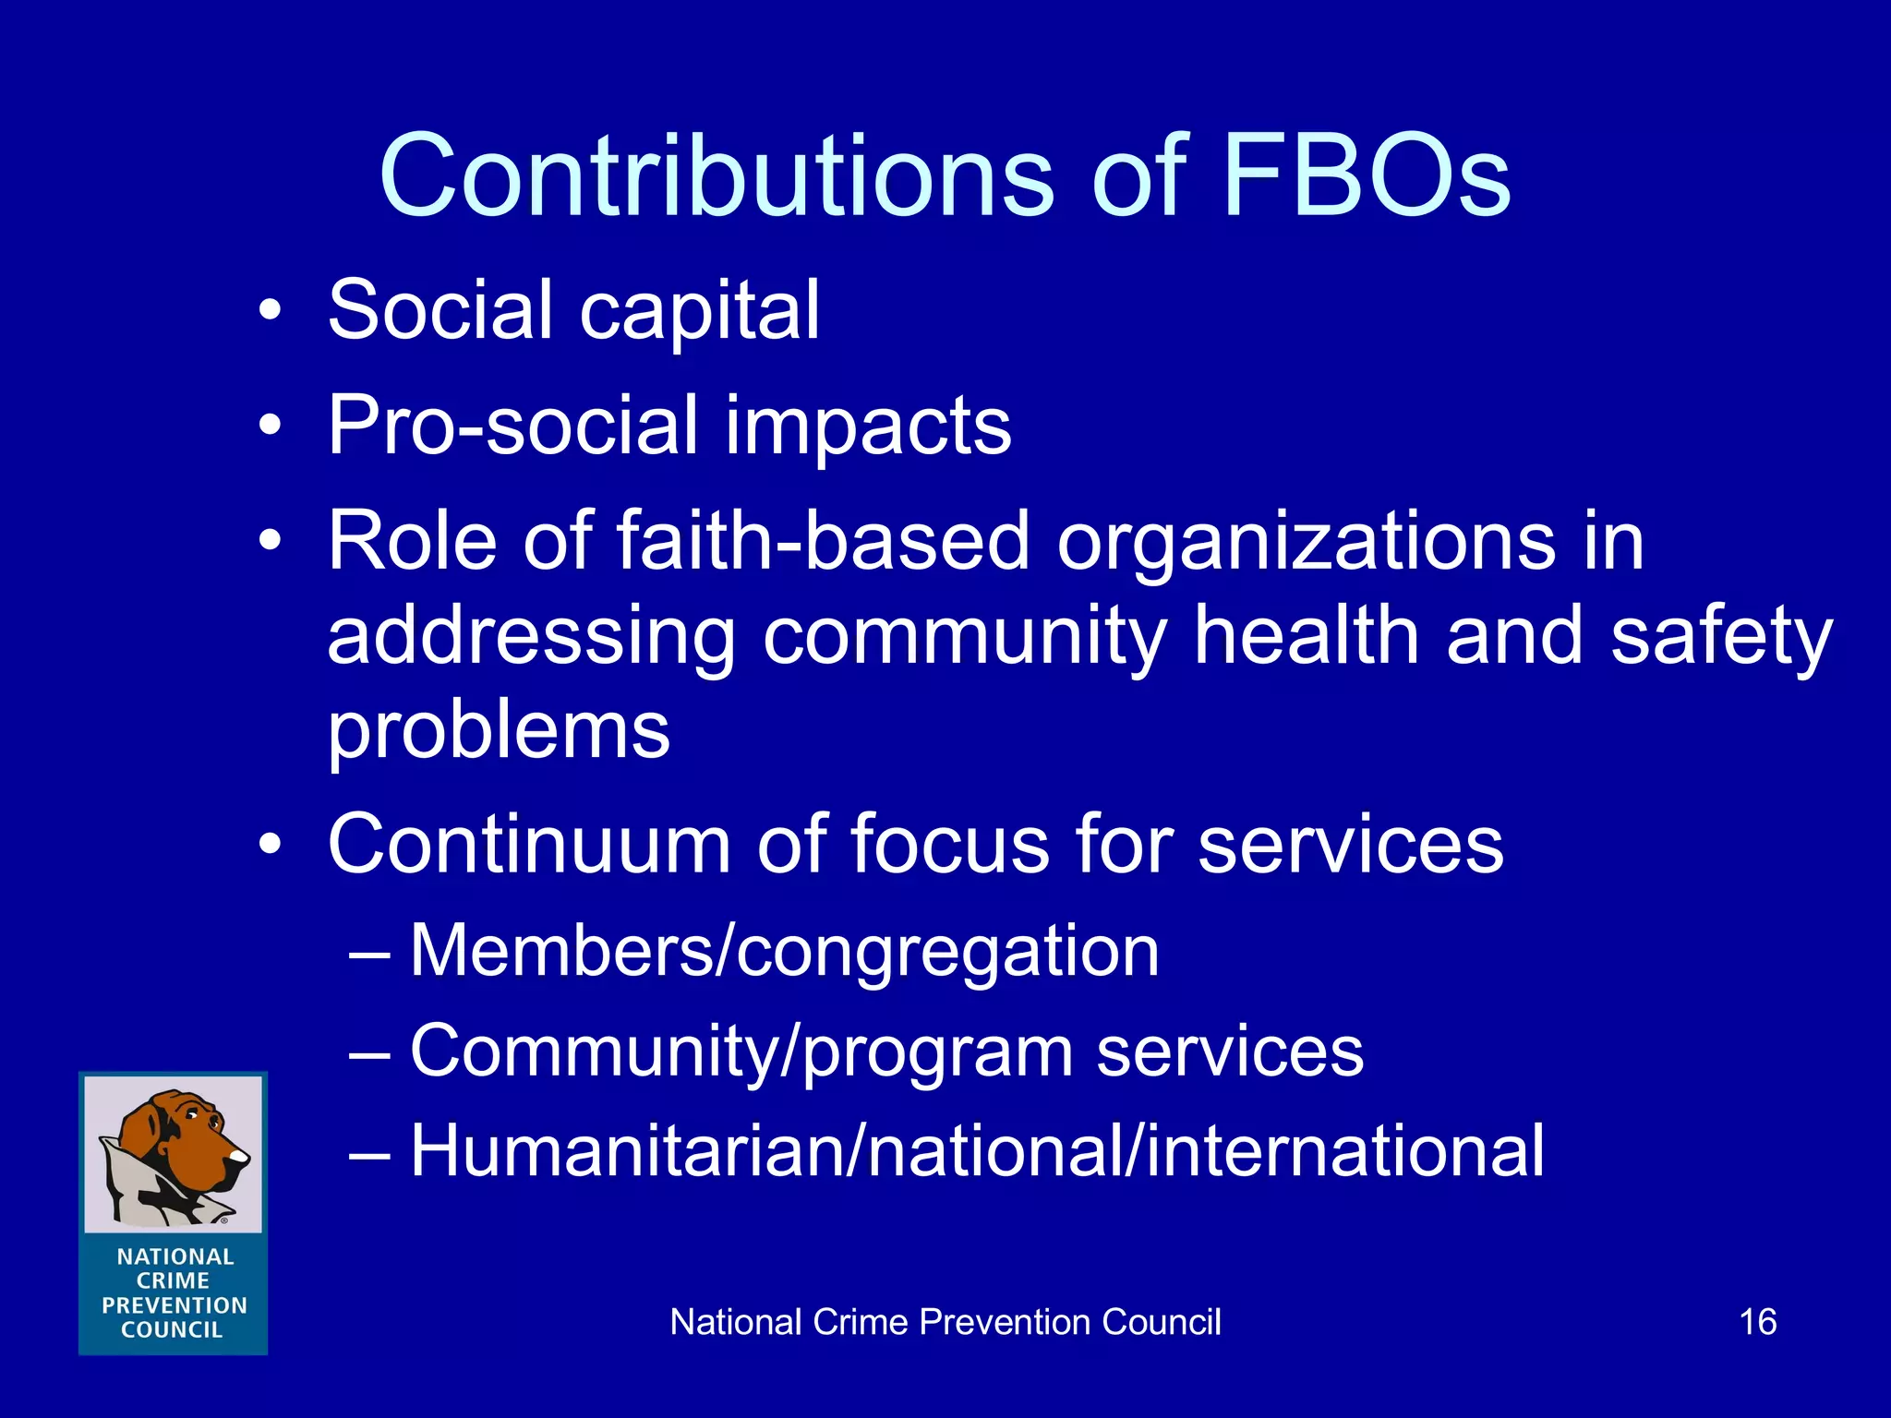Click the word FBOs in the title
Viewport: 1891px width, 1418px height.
pyautogui.click(x=1367, y=175)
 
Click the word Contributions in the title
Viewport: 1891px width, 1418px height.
pyautogui.click(x=716, y=175)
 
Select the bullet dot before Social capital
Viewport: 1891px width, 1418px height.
pyautogui.click(x=269, y=311)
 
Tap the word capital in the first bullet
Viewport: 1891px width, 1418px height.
pyautogui.click(x=699, y=311)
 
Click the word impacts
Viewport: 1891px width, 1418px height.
pyautogui.click(x=868, y=426)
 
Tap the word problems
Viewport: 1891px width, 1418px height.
pyautogui.click(x=499, y=731)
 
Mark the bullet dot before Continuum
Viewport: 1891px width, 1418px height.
pyautogui.click(x=269, y=844)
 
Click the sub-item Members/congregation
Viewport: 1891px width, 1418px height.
pyautogui.click(x=784, y=951)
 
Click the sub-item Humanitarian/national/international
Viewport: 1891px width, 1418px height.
pyautogui.click(x=977, y=1151)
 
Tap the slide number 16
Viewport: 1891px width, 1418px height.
pyautogui.click(x=1757, y=1322)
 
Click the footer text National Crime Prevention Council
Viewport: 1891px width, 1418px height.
pyautogui.click(x=945, y=1322)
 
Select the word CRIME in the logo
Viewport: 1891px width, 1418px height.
pyautogui.click(x=174, y=1281)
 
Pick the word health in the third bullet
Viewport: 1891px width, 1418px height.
pyautogui.click(x=1307, y=637)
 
